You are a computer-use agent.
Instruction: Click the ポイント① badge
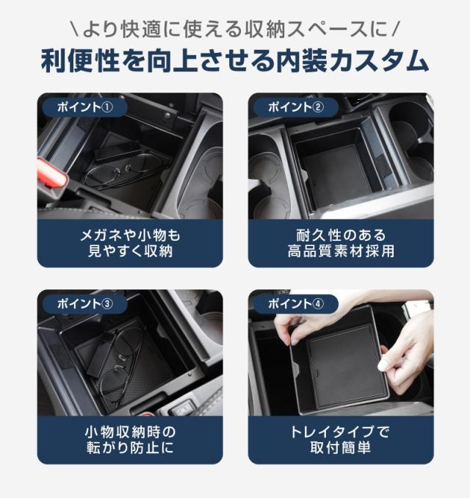coord(84,107)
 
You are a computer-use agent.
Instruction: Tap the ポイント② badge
coord(296,107)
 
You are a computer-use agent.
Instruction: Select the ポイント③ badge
coord(84,304)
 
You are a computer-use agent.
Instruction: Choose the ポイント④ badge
coord(296,304)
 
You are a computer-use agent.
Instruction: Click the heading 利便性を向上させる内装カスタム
coord(235,61)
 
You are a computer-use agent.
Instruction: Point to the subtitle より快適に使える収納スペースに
coord(235,29)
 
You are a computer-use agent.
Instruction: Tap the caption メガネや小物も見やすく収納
coord(130,243)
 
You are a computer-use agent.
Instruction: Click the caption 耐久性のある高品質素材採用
coord(341,243)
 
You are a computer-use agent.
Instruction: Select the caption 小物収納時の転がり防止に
coord(130,440)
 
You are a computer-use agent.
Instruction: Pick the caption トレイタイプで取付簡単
coord(341,440)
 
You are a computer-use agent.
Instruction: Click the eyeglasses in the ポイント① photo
coord(124,171)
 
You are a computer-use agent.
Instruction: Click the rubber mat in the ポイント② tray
coord(336,175)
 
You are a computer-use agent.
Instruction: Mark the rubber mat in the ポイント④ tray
coord(346,365)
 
